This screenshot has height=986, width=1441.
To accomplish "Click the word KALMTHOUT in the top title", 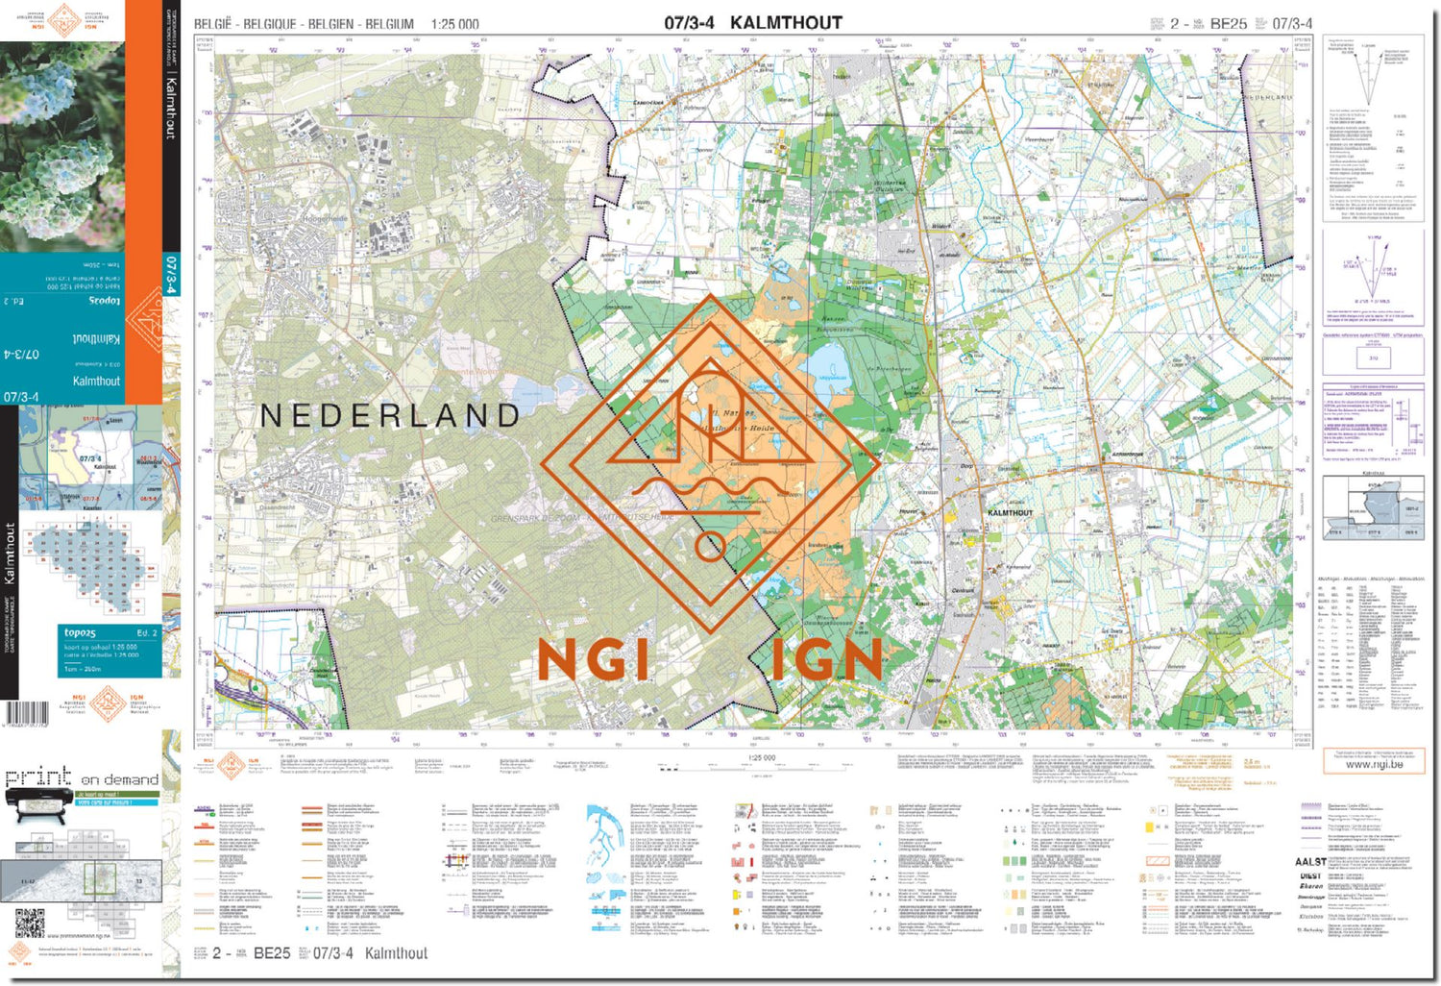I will coord(786,22).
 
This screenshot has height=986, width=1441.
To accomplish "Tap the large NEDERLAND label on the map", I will coord(390,415).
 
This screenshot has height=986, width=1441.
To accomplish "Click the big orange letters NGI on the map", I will coord(593,661).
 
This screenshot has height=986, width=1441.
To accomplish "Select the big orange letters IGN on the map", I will coord(826,661).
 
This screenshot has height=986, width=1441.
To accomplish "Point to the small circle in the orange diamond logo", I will coord(710,549).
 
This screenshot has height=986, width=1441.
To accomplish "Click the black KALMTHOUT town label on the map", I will coord(1011,513).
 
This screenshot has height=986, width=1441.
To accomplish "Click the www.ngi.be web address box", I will coord(1374,764).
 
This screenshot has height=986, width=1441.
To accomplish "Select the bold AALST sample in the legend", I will coord(1310,862).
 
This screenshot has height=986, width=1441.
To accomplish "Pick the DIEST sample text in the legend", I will coord(1310,875).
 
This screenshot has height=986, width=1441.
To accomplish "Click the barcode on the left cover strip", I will coord(26,714).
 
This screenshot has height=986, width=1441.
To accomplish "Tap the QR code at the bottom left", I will coord(30,924).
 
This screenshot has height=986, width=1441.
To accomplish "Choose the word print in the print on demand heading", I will coord(38,776).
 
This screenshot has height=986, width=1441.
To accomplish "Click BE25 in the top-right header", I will coord(1229,24).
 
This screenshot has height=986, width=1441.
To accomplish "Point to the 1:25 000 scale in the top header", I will coord(454,24).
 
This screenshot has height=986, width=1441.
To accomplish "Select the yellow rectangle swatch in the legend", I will coord(1149,826).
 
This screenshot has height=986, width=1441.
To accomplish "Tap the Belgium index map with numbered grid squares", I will coord(91,567).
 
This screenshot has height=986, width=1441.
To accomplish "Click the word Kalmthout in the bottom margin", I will coord(396,953).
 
